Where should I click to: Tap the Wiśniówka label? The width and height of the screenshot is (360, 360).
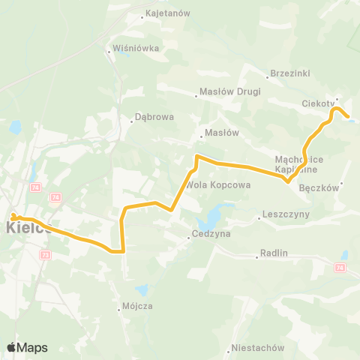coord(136,49)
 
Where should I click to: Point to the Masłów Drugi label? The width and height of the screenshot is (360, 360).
coord(231,91)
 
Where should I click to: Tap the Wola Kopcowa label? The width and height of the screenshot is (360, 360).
coord(211,184)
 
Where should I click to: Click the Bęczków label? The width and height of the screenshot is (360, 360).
coord(319,188)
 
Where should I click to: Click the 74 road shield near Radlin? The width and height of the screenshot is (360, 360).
coord(340,267)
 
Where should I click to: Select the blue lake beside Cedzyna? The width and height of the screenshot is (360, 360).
coord(208,218)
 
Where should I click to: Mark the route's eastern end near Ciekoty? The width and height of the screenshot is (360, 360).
coord(347,115)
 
